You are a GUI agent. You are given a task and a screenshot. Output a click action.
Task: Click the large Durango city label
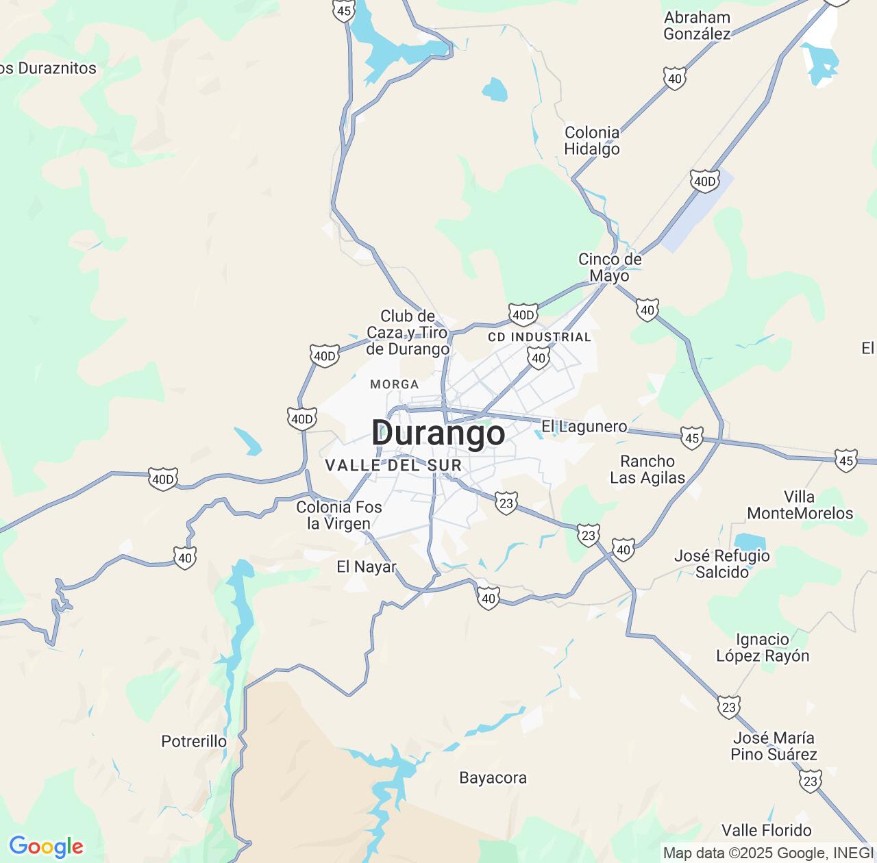coord(438,433)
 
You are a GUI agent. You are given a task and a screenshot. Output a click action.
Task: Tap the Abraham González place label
coord(697,26)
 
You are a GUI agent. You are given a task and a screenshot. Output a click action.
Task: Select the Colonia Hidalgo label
coord(592,141)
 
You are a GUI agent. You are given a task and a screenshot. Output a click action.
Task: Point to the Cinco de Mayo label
coord(610,268)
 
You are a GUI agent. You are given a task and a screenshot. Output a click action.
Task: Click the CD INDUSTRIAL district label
coord(539,337)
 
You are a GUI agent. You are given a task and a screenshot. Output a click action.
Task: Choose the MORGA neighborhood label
coord(394,384)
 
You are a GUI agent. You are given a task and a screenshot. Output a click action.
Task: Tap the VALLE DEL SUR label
coord(393,466)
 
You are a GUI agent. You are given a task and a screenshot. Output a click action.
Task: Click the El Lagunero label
coord(584,427)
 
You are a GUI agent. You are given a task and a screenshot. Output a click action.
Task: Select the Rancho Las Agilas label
coord(647,470)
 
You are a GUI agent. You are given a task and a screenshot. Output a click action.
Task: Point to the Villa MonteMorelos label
coord(800,505)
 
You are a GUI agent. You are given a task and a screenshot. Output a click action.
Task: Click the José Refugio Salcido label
coord(722,564)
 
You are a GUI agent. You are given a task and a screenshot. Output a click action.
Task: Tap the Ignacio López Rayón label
coord(763,648)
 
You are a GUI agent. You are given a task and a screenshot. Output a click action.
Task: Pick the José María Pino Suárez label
coord(774,747)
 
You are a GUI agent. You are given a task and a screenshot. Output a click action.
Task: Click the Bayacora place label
coord(493,778)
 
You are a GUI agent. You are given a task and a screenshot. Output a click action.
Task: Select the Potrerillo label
coord(194,742)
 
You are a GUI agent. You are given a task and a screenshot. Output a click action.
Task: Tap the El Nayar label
coord(367,567)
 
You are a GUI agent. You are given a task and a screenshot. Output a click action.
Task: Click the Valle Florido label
coord(767,831)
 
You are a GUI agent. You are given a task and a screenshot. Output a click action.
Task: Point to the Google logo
coord(46,847)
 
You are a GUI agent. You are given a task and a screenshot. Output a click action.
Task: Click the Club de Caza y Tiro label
coord(408,333)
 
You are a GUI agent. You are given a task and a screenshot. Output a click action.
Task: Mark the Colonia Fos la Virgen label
coord(339,516)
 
